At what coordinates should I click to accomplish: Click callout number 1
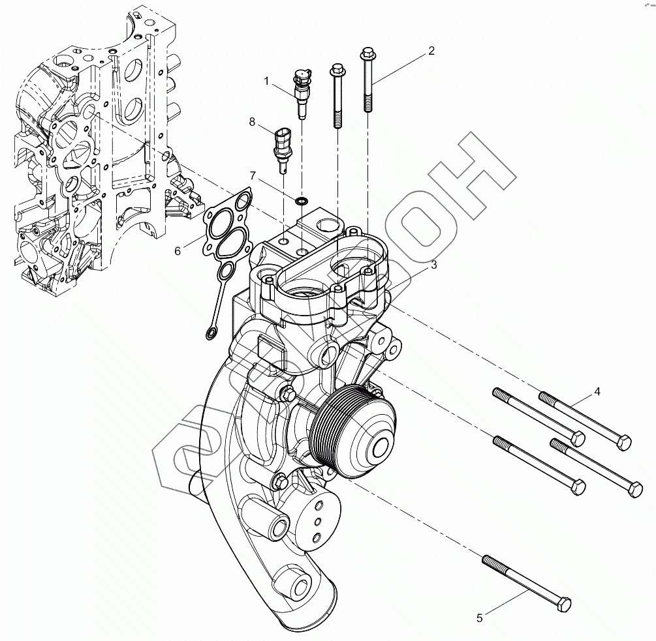[x=266, y=80]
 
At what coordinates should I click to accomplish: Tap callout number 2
[x=431, y=51]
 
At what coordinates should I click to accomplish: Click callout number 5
[x=480, y=618]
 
